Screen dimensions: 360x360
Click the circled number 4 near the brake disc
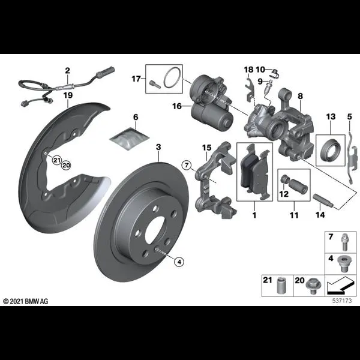click(179, 262)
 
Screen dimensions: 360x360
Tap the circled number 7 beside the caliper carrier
click(187, 165)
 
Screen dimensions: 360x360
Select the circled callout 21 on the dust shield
click(56, 160)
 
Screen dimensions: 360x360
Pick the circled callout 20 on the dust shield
click(66, 165)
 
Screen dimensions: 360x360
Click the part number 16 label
click(177, 106)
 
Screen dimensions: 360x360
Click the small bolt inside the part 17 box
click(153, 83)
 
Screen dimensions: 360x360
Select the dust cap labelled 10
click(275, 73)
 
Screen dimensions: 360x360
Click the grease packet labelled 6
click(130, 139)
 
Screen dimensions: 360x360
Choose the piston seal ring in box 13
click(331, 150)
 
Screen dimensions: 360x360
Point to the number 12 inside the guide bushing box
click(284, 194)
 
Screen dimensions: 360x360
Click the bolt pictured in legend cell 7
click(344, 242)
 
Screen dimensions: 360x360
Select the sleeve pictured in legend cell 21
click(281, 286)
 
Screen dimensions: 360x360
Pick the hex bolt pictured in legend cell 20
click(313, 286)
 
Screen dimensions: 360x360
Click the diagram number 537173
click(342, 301)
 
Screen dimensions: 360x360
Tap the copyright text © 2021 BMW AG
click(26, 301)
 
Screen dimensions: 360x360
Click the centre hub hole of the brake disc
click(155, 230)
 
